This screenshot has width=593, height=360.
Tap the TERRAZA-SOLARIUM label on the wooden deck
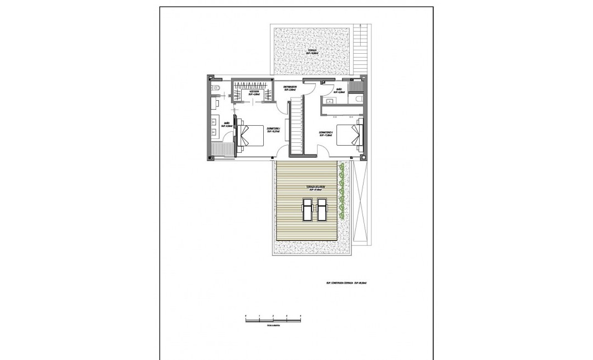click(314, 189)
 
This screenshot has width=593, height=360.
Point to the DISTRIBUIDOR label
click(290, 89)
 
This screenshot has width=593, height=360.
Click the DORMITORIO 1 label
click(273, 131)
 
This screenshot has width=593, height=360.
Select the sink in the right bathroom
click(329, 101)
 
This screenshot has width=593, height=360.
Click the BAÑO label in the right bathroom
click(339, 90)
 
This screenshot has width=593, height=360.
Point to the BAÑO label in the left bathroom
click(227, 125)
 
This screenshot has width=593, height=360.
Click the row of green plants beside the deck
click(343, 192)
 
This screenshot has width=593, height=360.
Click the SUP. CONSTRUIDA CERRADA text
click(347, 282)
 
